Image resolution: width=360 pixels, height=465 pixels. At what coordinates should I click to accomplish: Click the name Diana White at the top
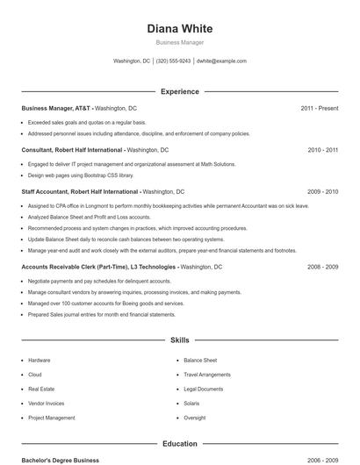(179, 28)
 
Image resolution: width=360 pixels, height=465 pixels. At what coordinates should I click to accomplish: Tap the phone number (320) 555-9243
(173, 61)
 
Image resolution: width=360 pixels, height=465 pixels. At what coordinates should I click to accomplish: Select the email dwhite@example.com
(221, 61)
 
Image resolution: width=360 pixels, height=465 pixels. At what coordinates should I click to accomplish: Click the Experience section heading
(179, 91)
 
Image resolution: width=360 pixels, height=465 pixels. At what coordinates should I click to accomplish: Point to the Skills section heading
(179, 340)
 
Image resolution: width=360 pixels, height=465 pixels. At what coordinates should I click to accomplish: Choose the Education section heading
(179, 444)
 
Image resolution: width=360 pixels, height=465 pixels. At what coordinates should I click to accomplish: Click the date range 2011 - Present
(319, 108)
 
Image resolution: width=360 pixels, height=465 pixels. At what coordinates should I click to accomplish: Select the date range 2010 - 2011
(322, 150)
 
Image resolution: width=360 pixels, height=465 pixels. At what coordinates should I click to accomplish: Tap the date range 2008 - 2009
(322, 266)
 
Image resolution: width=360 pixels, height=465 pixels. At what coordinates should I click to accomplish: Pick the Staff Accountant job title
(80, 191)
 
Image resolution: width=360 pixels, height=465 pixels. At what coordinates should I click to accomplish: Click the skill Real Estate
(41, 389)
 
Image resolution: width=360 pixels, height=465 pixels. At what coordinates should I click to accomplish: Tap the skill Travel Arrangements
(207, 375)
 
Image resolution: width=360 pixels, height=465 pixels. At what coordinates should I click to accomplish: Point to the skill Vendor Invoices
(47, 404)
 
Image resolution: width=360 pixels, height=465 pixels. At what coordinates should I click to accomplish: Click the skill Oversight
(195, 418)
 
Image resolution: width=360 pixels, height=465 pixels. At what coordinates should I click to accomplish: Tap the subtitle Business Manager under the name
(179, 42)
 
